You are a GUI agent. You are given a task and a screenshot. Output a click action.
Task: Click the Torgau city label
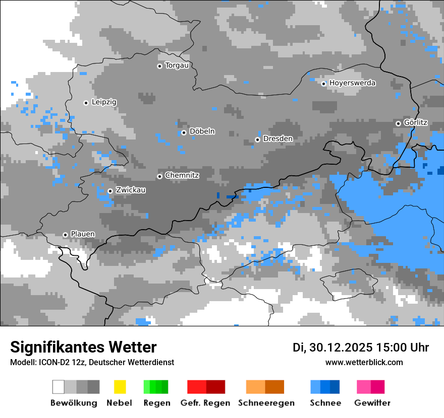[177, 65]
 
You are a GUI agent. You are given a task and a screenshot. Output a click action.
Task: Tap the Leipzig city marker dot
[86, 103]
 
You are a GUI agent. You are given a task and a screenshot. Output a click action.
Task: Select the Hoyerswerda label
[352, 83]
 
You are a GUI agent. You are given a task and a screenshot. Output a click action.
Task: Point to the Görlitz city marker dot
[398, 123]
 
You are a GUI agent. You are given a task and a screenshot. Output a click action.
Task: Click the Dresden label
[277, 139]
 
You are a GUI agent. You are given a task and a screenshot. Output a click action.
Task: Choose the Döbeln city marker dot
[184, 132]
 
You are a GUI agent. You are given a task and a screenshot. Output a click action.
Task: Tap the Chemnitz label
[182, 176]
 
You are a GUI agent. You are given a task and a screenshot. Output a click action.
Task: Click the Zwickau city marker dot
[110, 191]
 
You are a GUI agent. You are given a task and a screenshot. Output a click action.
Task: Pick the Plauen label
[82, 234]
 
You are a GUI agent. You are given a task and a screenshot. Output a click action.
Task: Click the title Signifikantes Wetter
[83, 347]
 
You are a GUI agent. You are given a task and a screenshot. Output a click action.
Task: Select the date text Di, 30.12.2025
[332, 347]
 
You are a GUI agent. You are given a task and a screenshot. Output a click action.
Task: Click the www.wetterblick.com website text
[364, 362]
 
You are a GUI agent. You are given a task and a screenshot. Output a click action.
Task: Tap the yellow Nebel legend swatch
[120, 387]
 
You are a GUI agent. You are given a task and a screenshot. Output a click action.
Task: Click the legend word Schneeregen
[266, 403]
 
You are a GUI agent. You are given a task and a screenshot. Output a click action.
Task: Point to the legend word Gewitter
[372, 403]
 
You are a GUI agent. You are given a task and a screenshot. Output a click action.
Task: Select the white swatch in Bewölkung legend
[59, 387]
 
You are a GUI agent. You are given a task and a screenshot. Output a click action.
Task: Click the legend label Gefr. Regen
[205, 403]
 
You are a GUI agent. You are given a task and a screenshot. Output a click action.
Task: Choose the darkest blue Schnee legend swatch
[335, 387]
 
